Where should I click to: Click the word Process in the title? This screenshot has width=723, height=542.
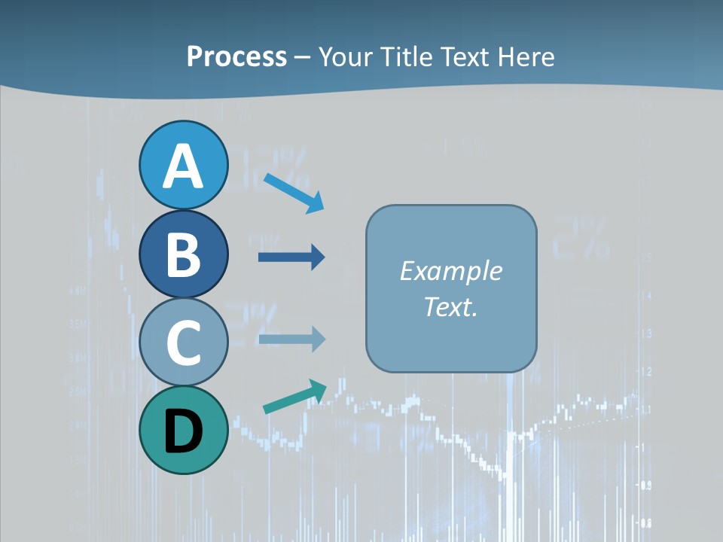236,56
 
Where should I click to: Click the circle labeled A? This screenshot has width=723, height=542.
183,166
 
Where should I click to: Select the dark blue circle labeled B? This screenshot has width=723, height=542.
183,254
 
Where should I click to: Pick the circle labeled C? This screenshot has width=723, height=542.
183,343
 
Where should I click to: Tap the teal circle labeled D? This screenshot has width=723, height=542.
183,431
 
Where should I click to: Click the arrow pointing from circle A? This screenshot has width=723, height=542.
294,193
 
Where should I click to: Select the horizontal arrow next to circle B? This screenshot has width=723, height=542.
291,257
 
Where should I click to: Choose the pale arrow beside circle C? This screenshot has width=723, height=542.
291,340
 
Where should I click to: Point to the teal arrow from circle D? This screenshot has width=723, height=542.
294,397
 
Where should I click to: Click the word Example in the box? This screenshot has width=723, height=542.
450,271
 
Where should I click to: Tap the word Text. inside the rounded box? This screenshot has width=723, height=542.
450,306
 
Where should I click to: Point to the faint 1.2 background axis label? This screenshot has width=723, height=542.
645,371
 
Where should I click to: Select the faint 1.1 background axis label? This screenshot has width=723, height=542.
645,410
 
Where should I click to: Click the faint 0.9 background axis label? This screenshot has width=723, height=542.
645,486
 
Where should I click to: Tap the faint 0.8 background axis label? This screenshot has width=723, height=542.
645,523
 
